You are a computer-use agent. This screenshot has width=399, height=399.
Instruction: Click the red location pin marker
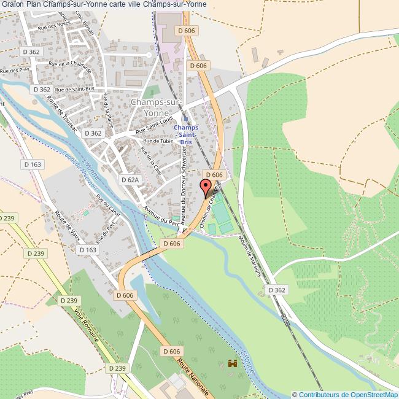[205, 187]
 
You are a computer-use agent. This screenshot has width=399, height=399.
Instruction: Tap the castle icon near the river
[232, 363]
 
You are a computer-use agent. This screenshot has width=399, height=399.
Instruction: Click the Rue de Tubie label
[158, 141]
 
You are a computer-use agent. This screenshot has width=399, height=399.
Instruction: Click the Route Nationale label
[194, 376]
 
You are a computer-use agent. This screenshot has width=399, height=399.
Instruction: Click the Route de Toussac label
[66, 111]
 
